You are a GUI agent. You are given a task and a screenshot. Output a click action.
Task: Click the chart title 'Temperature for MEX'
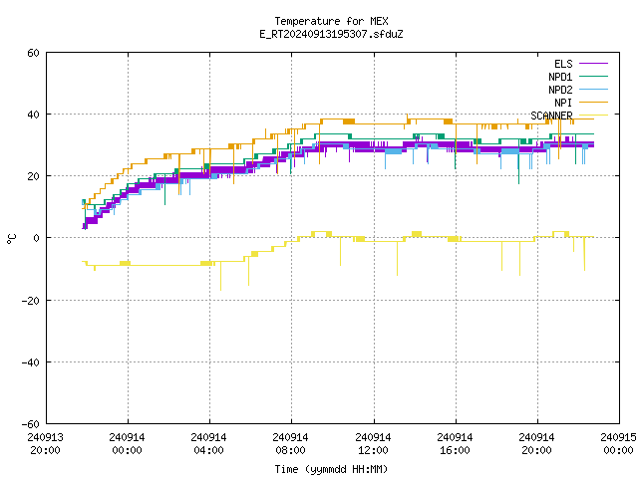[331, 21]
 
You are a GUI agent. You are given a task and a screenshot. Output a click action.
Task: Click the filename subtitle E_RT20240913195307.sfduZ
[331, 34]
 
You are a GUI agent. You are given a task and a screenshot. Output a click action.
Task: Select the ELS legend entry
[580, 64]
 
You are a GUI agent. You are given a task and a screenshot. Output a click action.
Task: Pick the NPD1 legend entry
[578, 77]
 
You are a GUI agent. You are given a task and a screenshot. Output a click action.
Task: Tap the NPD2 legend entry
[578, 90]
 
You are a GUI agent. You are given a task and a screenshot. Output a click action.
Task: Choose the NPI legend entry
[580, 103]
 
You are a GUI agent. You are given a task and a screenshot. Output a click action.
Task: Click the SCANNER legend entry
[569, 116]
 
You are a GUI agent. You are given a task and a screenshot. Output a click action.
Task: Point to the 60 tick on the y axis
[33, 53]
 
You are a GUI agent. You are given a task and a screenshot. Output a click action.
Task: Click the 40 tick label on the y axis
[33, 115]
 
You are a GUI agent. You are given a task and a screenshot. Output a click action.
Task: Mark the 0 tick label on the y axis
[36, 238]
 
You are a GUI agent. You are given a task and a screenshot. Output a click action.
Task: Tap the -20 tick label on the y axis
[31, 301]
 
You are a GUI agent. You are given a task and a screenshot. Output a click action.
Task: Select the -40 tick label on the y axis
[31, 362]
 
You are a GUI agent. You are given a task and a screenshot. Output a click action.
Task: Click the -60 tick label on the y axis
[31, 424]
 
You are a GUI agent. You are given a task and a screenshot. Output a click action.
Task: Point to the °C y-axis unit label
[11, 239]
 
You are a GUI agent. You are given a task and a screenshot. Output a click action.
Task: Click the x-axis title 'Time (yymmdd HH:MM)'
[331, 469]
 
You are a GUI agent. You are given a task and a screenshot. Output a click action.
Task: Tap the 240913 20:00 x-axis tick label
[45, 443]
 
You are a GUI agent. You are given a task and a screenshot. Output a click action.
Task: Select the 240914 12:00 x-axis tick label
[373, 443]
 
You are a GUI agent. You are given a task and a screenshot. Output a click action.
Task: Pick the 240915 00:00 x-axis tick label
[618, 443]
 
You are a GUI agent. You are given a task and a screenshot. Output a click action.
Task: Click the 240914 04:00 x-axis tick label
[208, 443]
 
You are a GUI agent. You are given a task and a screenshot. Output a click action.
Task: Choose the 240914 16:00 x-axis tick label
[455, 443]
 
